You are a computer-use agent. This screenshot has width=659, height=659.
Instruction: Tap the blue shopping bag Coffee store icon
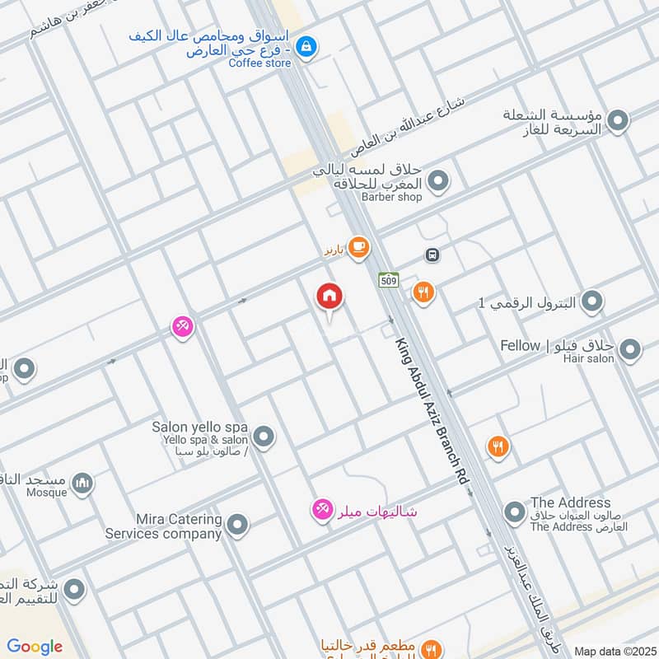(306, 46)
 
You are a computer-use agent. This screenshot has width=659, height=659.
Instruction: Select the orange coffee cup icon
(358, 247)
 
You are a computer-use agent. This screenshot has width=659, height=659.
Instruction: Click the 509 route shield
(389, 280)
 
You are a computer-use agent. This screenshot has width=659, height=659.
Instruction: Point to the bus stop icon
(432, 255)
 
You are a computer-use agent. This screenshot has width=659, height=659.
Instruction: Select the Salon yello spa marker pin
(264, 437)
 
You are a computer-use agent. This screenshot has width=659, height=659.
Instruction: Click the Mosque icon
(82, 483)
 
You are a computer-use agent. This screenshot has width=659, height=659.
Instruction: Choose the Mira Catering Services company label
(164, 526)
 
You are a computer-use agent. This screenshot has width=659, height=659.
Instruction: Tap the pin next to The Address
(515, 513)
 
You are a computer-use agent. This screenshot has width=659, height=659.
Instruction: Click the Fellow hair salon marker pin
(629, 351)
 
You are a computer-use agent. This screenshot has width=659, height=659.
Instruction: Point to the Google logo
(35, 647)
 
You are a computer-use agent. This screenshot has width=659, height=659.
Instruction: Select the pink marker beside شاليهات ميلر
(322, 511)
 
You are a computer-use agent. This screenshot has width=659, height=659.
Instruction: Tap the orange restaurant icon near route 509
(423, 292)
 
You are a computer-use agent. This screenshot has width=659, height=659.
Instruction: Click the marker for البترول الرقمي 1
(591, 303)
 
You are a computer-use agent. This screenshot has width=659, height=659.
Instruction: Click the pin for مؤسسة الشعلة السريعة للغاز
(618, 122)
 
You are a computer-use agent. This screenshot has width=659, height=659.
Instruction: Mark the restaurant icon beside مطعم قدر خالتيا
(429, 648)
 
